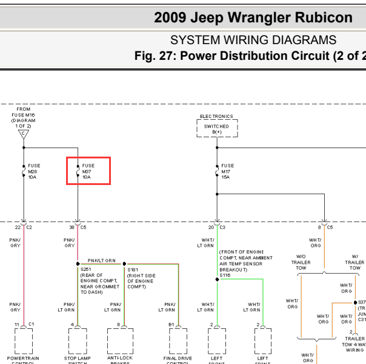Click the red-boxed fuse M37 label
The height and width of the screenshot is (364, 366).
tap(88, 171)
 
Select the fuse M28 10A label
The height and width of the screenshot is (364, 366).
tap(35, 171)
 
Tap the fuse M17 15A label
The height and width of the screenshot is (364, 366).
tap(227, 171)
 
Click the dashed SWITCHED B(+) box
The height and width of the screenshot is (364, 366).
tap(217, 129)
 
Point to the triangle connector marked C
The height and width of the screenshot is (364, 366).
tap(24, 134)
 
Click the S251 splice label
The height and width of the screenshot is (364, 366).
tap(85, 269)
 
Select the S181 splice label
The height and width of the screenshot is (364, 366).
tap(132, 269)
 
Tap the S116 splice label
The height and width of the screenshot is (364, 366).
tap(225, 275)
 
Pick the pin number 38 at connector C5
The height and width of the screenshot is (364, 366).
tap(72, 227)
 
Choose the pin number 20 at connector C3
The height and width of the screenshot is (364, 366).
tap(211, 227)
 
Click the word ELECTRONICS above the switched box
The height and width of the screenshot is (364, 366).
tap(216, 116)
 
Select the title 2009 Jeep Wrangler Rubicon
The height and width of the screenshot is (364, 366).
tap(253, 18)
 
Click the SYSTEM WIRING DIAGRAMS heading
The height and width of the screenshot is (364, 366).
tap(253, 40)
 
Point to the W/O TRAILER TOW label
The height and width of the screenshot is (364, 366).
tap(301, 261)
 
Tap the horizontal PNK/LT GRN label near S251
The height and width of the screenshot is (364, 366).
tap(101, 260)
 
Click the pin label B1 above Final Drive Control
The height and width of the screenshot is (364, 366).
tap(171, 325)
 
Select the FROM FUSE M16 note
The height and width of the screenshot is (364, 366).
tap(24, 114)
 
